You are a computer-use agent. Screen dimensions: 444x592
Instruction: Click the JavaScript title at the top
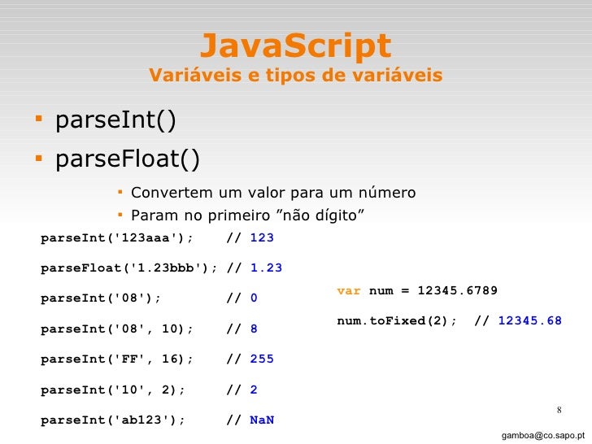[295, 46]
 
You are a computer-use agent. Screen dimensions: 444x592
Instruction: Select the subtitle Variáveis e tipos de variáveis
[295, 76]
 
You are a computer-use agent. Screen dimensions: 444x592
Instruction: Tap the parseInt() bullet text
[115, 122]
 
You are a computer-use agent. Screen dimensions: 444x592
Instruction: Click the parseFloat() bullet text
[127, 158]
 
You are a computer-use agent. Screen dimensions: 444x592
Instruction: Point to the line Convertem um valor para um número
[273, 193]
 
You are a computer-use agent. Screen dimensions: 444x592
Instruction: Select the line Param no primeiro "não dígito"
[247, 215]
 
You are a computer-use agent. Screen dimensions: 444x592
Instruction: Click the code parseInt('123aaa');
[117, 237]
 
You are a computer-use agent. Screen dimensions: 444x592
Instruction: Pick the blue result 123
[262, 237]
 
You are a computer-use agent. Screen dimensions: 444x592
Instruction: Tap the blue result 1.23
[266, 268]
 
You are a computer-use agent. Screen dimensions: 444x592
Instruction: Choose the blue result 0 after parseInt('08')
[254, 298]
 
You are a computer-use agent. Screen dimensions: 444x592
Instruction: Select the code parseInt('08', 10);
[117, 329]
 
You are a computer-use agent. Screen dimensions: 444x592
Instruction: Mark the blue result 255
[262, 359]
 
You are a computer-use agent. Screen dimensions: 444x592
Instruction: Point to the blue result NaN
[262, 420]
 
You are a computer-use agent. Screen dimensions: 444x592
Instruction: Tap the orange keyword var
[349, 290]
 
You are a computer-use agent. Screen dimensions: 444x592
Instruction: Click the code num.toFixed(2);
[398, 320]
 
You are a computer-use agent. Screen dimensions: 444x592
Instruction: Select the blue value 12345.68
[529, 320]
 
